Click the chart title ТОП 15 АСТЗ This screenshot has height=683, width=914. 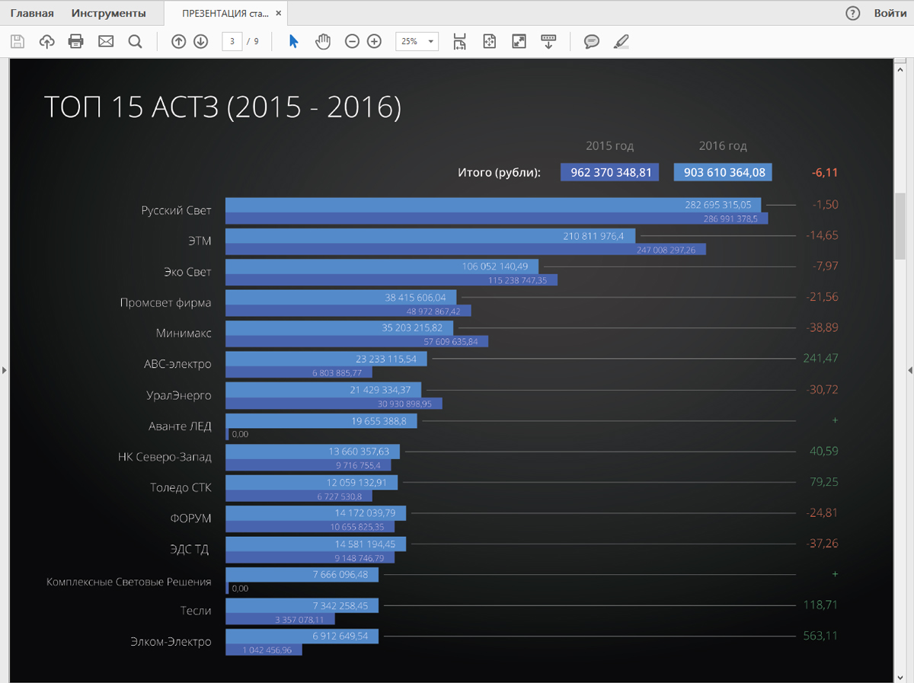pos(222,107)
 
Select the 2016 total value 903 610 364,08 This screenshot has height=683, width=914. pos(723,173)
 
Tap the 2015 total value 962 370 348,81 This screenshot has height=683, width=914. pos(610,173)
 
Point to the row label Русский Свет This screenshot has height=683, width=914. pos(176,211)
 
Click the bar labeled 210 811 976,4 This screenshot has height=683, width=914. pos(430,236)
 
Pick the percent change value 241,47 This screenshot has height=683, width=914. pos(820,358)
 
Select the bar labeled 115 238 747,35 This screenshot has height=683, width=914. pos(391,280)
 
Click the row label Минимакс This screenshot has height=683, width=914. pos(184,334)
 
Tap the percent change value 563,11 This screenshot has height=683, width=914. pos(820,635)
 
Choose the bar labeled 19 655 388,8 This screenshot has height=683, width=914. pos(321,421)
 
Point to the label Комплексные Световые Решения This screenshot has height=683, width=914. pos(129,582)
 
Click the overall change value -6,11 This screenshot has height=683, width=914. pos(825,173)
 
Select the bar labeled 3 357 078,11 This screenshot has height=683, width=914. pos(280,619)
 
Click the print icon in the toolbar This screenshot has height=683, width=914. pos(76,42)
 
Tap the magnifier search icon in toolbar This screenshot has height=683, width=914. pos(135,42)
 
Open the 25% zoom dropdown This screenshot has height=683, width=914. pos(417,42)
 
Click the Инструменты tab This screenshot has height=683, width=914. pos(108,13)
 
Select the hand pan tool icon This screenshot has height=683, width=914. pos(323,42)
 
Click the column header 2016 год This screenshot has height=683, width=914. pos(723,145)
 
